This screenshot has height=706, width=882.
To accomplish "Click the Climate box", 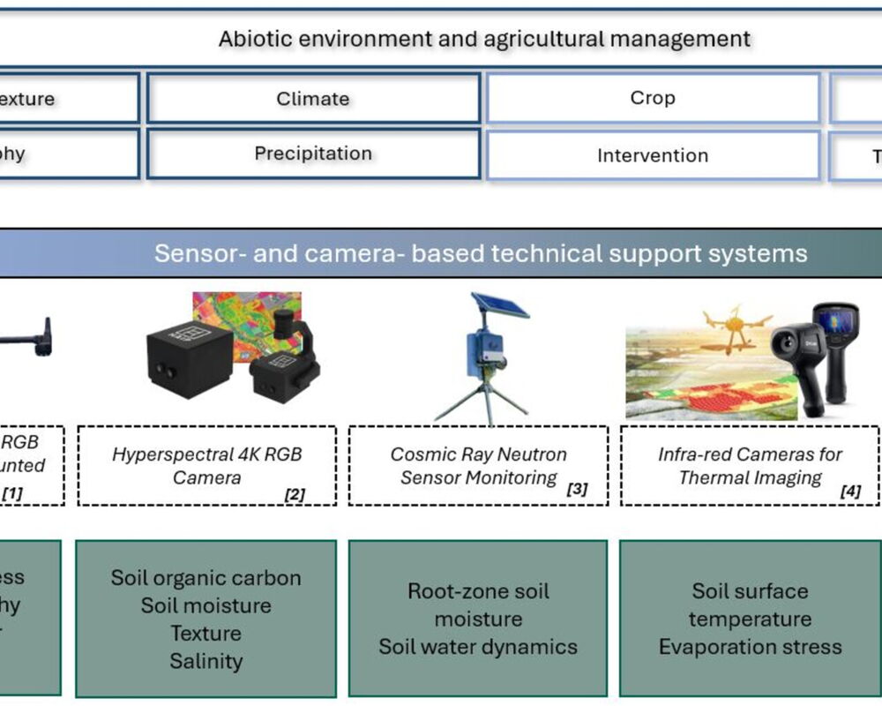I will pyautogui.click(x=313, y=99).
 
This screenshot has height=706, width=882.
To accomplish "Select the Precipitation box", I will pyautogui.click(x=313, y=154).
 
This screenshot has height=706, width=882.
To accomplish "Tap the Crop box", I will pyautogui.click(x=653, y=98).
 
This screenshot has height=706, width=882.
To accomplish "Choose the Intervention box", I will pyautogui.click(x=653, y=156).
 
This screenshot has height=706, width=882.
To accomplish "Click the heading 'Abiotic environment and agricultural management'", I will pyautogui.click(x=484, y=39).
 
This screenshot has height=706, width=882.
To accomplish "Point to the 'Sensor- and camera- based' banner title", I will pyautogui.click(x=481, y=254).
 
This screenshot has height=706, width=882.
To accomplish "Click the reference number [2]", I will pyautogui.click(x=294, y=494).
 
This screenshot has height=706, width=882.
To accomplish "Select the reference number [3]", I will pyautogui.click(x=576, y=488).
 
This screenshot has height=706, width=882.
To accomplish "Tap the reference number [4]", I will pyautogui.click(x=850, y=492).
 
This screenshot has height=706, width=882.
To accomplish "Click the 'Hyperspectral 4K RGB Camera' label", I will pyautogui.click(x=206, y=466).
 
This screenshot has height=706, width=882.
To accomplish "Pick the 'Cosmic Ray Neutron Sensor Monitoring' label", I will pyautogui.click(x=478, y=466).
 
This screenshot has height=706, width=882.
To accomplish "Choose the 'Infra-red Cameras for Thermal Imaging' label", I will pyautogui.click(x=750, y=466).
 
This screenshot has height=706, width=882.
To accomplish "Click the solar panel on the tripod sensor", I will pyautogui.click(x=500, y=304).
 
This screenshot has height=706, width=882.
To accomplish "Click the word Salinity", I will pyautogui.click(x=206, y=661).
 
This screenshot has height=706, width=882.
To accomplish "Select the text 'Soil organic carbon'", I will pyautogui.click(x=206, y=578).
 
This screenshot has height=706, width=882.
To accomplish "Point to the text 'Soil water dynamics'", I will pyautogui.click(x=478, y=647).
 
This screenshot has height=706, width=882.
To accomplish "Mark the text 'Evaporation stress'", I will pyautogui.click(x=750, y=647).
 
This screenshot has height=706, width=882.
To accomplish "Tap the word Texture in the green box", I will pyautogui.click(x=206, y=634).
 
